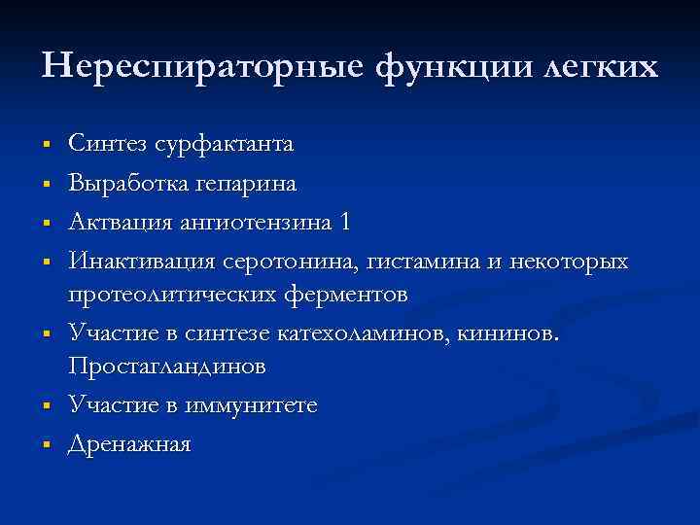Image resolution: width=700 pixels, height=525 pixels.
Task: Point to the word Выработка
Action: (121, 183)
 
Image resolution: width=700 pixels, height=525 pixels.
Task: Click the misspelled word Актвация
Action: (116, 222)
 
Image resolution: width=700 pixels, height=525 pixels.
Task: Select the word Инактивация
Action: (142, 262)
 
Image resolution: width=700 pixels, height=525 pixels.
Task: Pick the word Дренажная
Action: (129, 444)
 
